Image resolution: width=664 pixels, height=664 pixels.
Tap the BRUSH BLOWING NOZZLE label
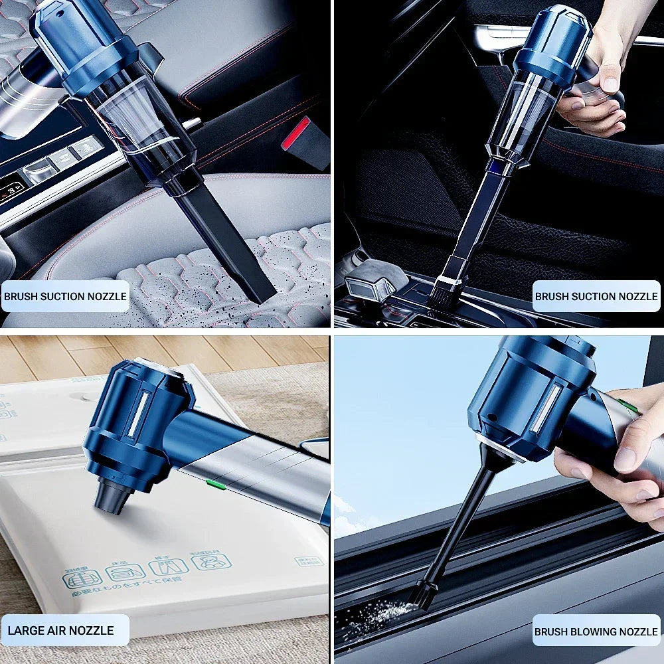596,631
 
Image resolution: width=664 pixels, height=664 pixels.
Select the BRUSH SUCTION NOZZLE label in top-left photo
64,296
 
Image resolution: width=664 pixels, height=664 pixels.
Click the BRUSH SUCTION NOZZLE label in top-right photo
596,296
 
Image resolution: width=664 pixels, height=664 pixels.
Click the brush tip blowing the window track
422,594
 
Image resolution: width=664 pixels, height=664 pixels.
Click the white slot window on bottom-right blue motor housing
546,408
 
